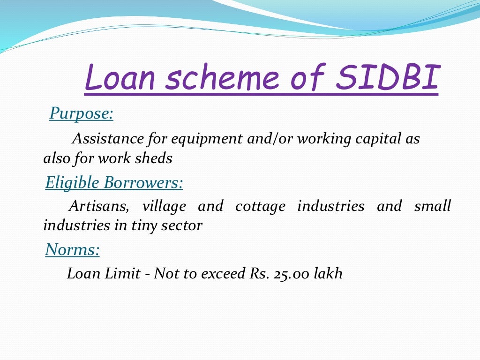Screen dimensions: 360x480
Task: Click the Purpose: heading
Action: [x=81, y=113]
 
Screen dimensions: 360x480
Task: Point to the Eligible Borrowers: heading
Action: [x=114, y=182]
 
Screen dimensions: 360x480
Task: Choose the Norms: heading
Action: [x=72, y=250]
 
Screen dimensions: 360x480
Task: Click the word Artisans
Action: [x=97, y=206]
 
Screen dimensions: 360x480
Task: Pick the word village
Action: [x=164, y=206]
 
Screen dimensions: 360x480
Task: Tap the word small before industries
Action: [x=433, y=206]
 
